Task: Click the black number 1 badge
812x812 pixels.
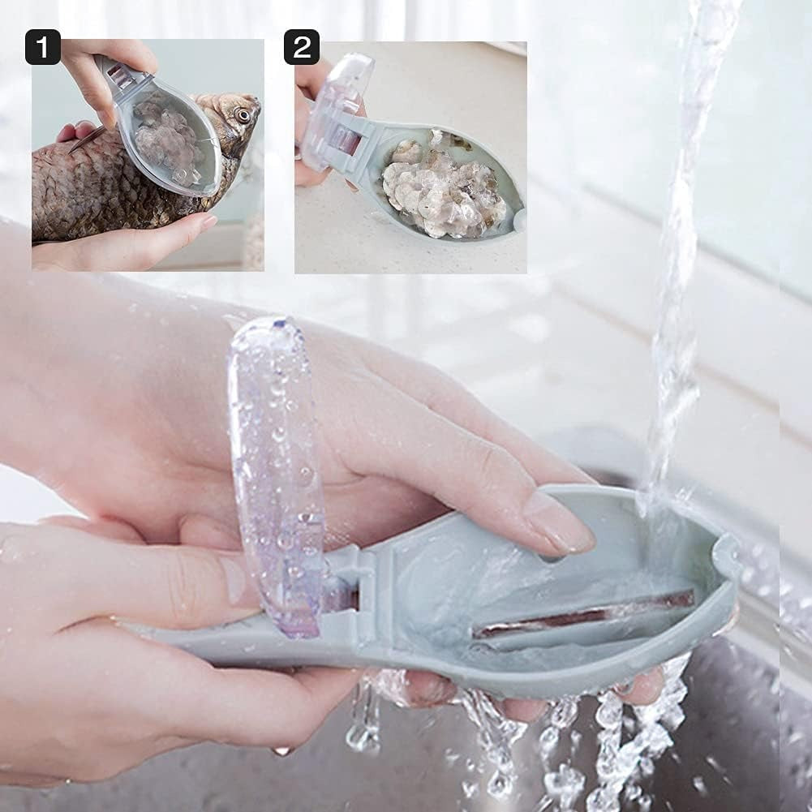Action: pyautogui.click(x=42, y=47)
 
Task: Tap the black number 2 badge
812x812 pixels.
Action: pyautogui.click(x=301, y=47)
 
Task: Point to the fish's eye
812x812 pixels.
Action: pyautogui.click(x=243, y=114)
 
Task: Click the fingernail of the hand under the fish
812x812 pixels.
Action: pyautogui.click(x=207, y=221)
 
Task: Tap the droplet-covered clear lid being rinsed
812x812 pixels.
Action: pyautogui.click(x=276, y=470)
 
